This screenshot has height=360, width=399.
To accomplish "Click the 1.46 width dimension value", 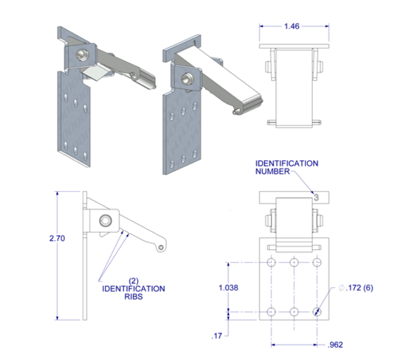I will click(x=293, y=26).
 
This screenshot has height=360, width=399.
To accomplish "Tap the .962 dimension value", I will click(x=334, y=345).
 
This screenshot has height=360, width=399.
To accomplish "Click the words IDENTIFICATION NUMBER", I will click(x=287, y=167).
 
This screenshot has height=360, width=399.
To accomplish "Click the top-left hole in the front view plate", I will click(x=272, y=263).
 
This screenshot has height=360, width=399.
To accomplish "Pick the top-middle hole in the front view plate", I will click(x=294, y=263).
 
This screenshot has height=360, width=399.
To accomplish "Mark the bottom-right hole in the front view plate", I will click(x=317, y=312).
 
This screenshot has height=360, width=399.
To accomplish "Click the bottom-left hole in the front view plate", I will click(x=272, y=312).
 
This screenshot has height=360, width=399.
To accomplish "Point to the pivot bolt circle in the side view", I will click(x=104, y=220).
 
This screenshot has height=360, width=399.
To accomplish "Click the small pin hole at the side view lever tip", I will click(x=162, y=247).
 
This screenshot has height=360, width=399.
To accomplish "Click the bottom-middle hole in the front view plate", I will click(x=294, y=312).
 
